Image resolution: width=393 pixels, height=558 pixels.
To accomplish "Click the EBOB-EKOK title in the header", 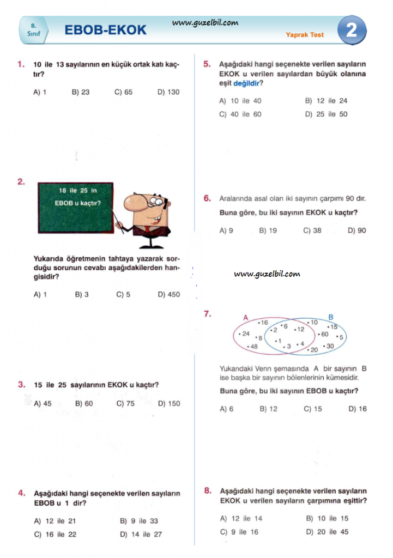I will [106, 31].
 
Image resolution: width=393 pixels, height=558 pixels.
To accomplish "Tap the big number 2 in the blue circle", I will [352, 30].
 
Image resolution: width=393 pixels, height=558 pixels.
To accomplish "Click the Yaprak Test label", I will [305, 35].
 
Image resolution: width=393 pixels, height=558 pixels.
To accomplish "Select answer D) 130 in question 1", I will [168, 92].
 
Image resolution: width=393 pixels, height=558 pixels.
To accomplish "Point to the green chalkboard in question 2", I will [75, 207].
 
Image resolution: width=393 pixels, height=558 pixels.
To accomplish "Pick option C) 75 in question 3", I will [125, 404].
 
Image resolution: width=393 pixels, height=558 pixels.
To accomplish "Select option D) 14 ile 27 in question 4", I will [141, 535].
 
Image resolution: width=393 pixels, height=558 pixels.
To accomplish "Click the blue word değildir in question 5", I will [247, 83].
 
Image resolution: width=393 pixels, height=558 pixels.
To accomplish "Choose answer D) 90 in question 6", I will [357, 231].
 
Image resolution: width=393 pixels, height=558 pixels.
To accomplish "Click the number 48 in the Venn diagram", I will [252, 347].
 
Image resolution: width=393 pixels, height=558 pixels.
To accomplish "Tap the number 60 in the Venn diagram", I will [324, 334].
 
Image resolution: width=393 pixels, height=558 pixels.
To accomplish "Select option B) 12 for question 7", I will [268, 409].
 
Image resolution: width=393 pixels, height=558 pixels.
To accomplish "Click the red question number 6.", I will [207, 198].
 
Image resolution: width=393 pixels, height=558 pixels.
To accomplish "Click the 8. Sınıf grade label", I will [34, 30].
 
